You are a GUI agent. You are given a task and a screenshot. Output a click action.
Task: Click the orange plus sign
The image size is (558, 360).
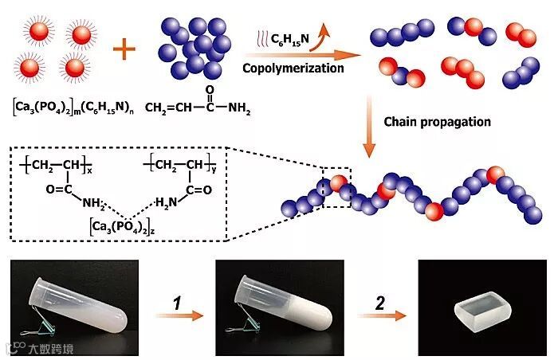pos(124,51)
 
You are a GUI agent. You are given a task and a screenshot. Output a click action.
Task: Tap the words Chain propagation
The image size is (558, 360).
pos(437,122)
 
